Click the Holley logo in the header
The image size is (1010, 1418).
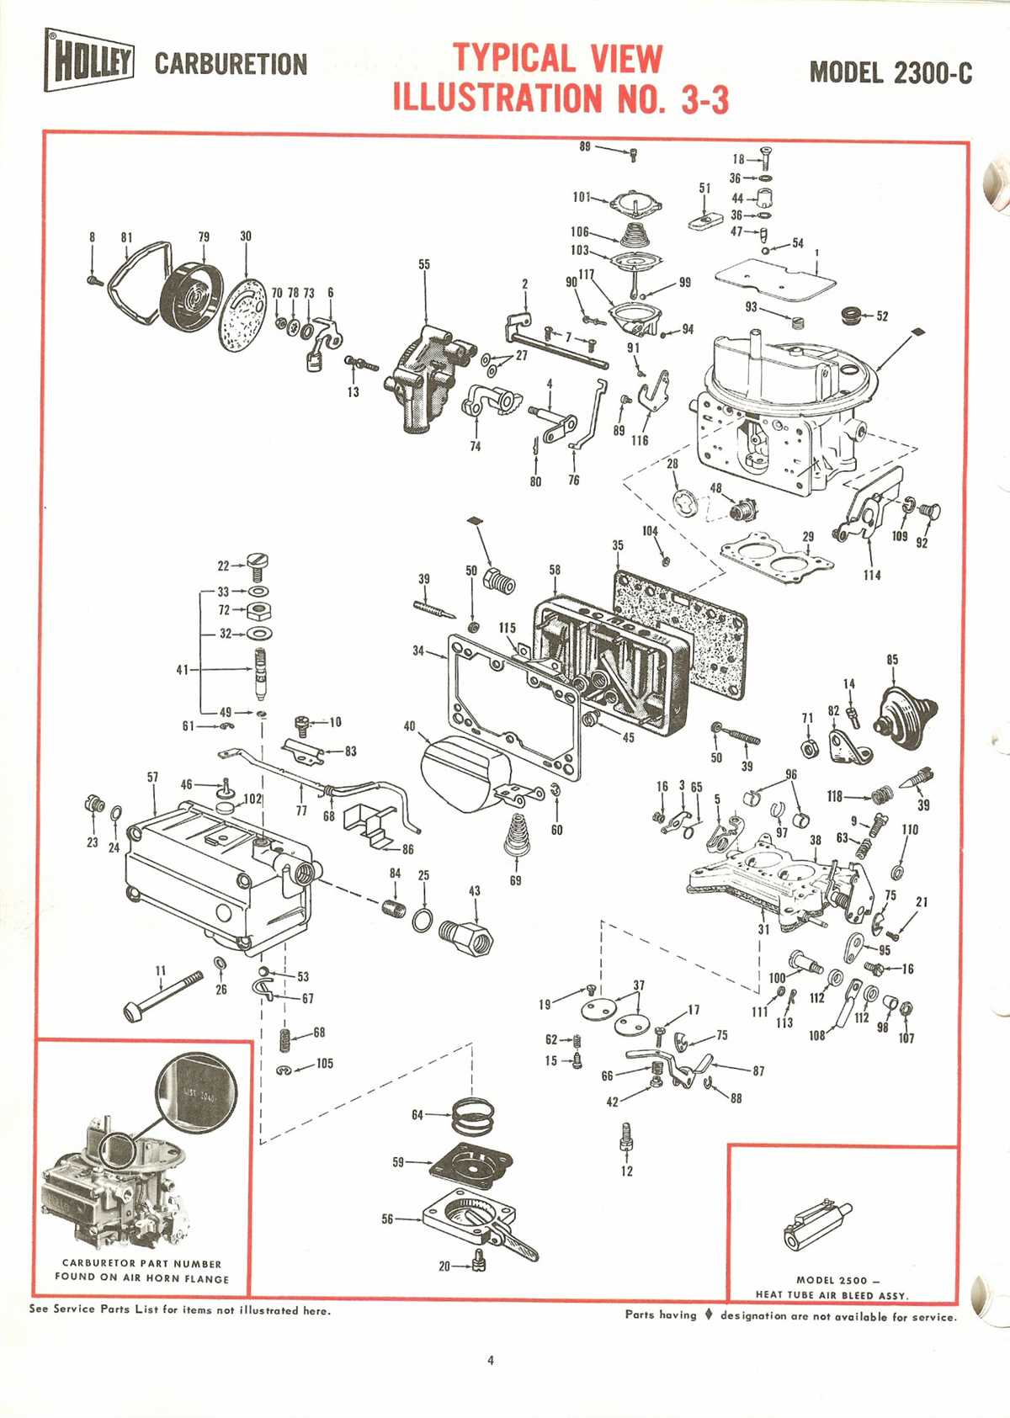[x=89, y=61]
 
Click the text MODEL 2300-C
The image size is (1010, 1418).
[x=890, y=72]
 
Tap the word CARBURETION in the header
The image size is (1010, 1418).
[x=231, y=64]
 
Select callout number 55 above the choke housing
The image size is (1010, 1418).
[x=424, y=264]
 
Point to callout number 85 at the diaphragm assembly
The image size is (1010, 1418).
[x=892, y=660]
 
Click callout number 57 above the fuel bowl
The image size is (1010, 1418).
[x=152, y=777]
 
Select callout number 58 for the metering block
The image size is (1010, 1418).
[x=555, y=570]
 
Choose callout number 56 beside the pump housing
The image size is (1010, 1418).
[x=387, y=1219]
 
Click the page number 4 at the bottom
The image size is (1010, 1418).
[x=491, y=1360]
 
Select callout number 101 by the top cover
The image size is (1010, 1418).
[x=582, y=197]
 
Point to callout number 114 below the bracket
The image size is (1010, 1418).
[x=871, y=575]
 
